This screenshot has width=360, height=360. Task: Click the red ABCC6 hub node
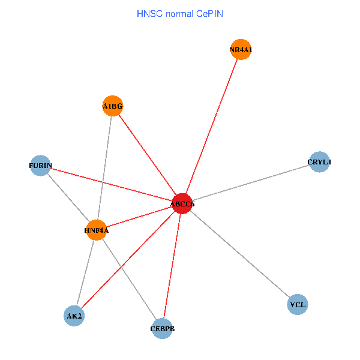(182, 204)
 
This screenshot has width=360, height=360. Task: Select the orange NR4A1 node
(240, 50)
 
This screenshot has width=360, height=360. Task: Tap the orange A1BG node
(113, 106)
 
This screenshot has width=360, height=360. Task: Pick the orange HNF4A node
(96, 230)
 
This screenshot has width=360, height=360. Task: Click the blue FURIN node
(40, 165)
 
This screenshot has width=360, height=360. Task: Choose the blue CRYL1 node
(319, 161)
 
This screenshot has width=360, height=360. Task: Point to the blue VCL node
(298, 305)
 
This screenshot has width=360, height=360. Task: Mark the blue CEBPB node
(162, 328)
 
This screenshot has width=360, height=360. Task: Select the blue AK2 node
(74, 316)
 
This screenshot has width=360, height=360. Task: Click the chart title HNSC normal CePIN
(179, 13)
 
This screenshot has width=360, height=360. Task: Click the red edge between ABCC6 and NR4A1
(211, 127)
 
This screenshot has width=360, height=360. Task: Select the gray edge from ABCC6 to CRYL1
(251, 182)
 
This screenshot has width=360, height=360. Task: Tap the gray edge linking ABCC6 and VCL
(240, 254)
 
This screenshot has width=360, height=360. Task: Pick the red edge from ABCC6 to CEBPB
(172, 266)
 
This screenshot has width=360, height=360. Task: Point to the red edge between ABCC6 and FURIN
(111, 184)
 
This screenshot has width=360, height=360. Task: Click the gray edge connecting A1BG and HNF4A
(104, 168)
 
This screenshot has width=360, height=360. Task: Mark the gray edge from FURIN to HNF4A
(68, 197)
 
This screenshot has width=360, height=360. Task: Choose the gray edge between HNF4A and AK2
(85, 272)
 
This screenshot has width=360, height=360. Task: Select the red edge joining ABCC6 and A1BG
(147, 155)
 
